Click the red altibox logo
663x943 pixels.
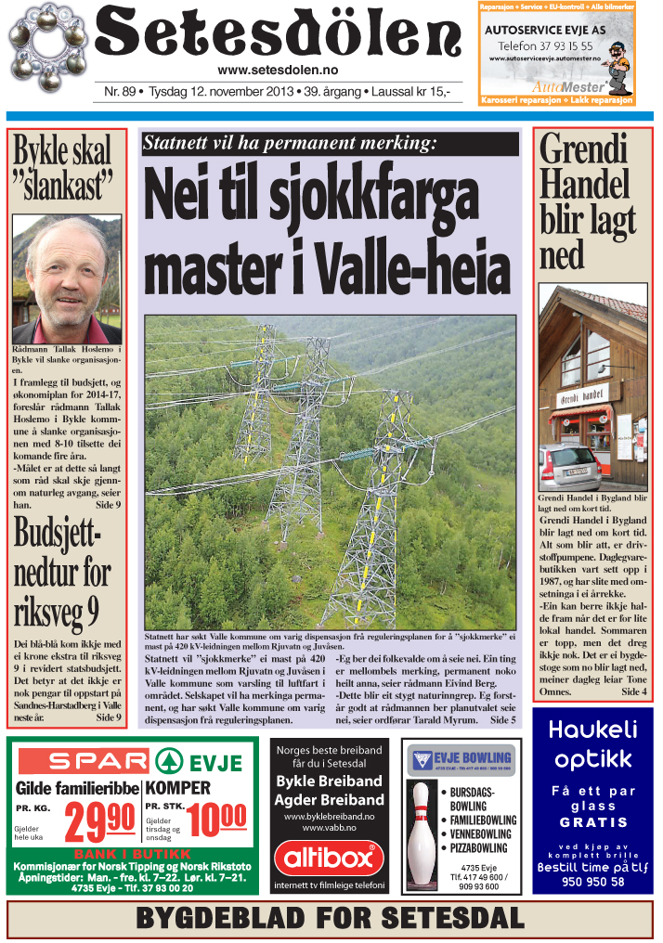pos(329,859)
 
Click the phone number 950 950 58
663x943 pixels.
pos(592,882)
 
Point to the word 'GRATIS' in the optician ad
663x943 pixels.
pos(593,821)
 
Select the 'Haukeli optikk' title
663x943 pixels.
pos(593,745)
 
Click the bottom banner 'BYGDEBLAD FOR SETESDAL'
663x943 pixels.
pos(331,919)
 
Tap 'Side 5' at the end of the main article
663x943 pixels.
pos(502,719)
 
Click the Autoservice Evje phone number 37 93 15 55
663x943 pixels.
pos(546,45)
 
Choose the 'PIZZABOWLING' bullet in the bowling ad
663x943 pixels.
pos(478,847)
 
